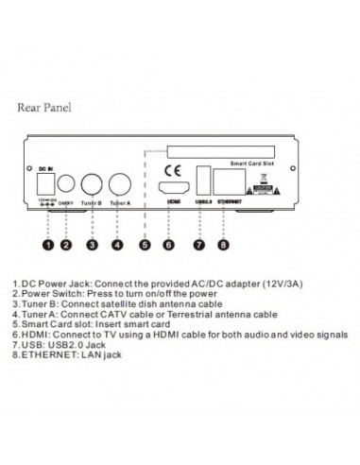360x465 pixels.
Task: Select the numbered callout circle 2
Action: (65, 244)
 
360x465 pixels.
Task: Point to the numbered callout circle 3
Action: (92, 244)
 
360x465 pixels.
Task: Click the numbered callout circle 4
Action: (118, 244)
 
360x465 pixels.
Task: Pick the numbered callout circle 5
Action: (145, 244)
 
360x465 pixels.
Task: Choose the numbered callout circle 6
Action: (172, 244)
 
